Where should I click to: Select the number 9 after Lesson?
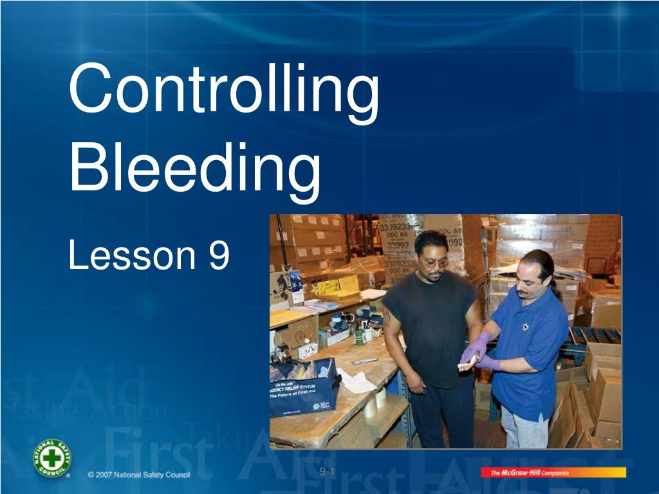(x=219, y=255)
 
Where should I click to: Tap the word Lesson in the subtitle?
(x=131, y=255)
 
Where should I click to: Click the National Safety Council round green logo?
(x=52, y=459)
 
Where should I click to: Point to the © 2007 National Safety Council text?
(x=139, y=475)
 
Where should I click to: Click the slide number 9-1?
(x=328, y=472)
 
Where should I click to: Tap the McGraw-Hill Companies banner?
(x=553, y=473)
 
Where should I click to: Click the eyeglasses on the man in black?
(x=436, y=262)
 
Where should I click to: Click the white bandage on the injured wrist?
(x=465, y=365)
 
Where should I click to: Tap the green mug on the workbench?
(x=360, y=336)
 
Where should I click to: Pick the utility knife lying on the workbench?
(x=365, y=361)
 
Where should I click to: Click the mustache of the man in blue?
(x=522, y=292)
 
